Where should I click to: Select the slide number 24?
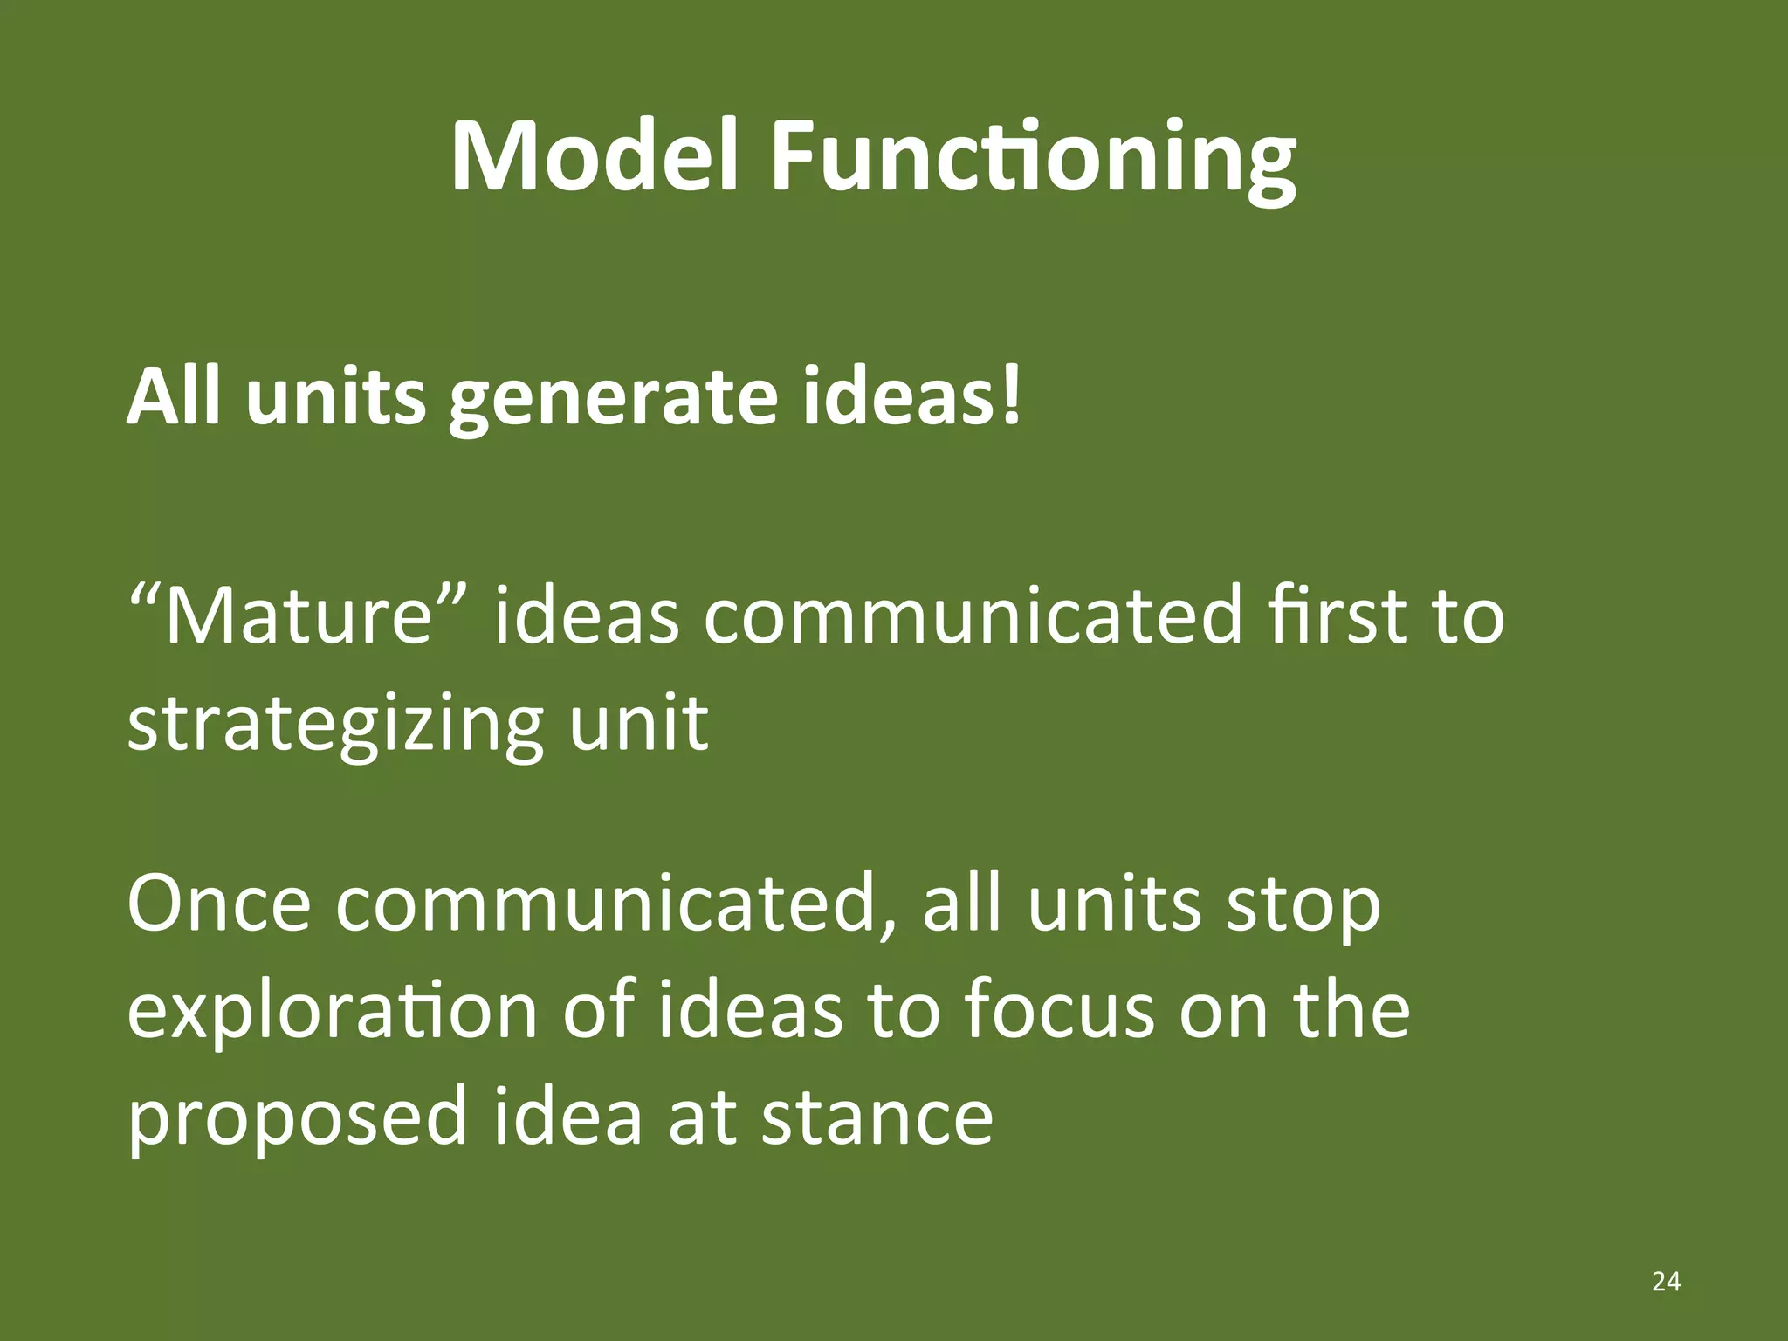coord(1666,1282)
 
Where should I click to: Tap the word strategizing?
coord(336,725)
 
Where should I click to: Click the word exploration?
coord(333,1013)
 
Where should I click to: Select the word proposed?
coord(298,1121)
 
